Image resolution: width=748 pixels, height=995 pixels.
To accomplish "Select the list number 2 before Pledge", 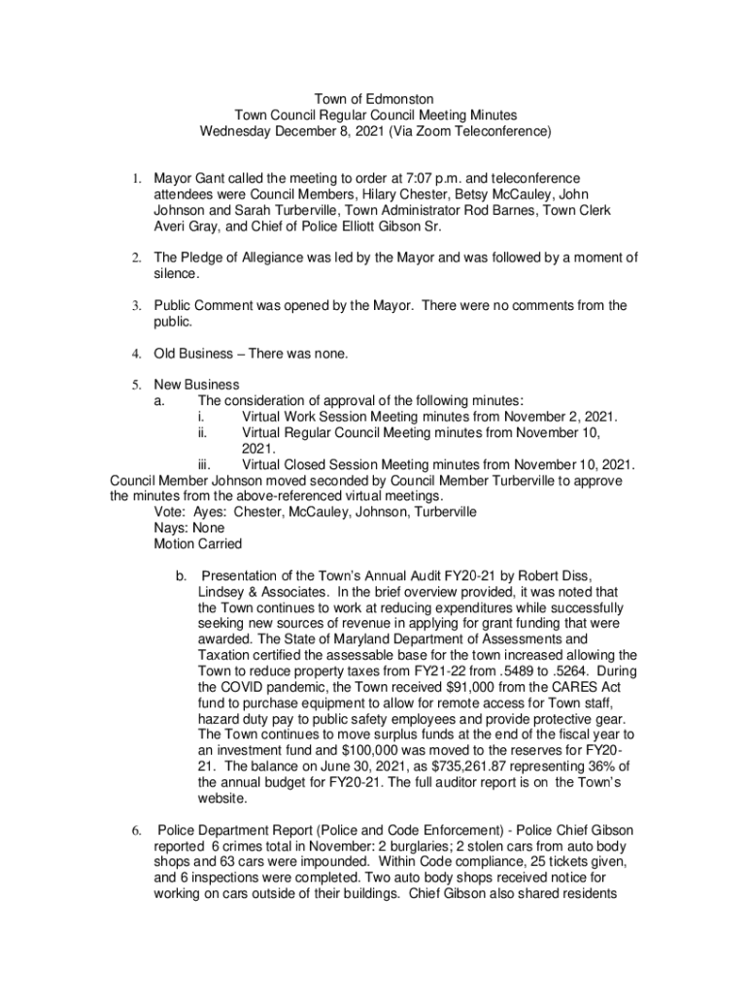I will (x=138, y=257).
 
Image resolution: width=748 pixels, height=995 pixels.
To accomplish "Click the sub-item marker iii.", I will (x=192, y=463).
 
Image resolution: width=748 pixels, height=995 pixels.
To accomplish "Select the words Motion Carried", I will (x=198, y=544).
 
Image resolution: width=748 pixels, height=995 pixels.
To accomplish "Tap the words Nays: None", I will (x=189, y=529).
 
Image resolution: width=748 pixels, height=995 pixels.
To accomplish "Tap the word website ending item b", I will (x=224, y=800).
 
